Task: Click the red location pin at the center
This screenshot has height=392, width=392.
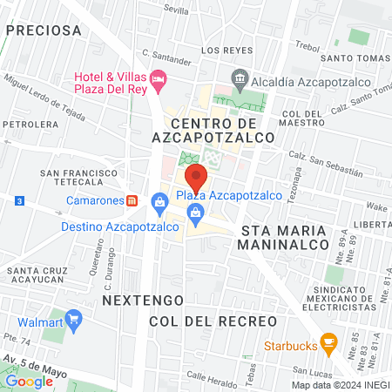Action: [x=196, y=178]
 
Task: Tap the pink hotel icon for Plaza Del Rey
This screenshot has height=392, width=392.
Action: [x=158, y=79]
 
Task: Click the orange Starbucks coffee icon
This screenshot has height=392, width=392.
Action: [x=328, y=341]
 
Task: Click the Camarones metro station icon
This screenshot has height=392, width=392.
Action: [x=132, y=199]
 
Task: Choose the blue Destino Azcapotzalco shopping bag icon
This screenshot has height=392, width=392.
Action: [x=159, y=204]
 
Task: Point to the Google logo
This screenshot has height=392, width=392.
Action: [x=29, y=381]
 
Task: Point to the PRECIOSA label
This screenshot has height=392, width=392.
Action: [x=44, y=30]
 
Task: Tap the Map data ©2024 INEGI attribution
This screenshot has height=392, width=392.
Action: [x=339, y=385]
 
